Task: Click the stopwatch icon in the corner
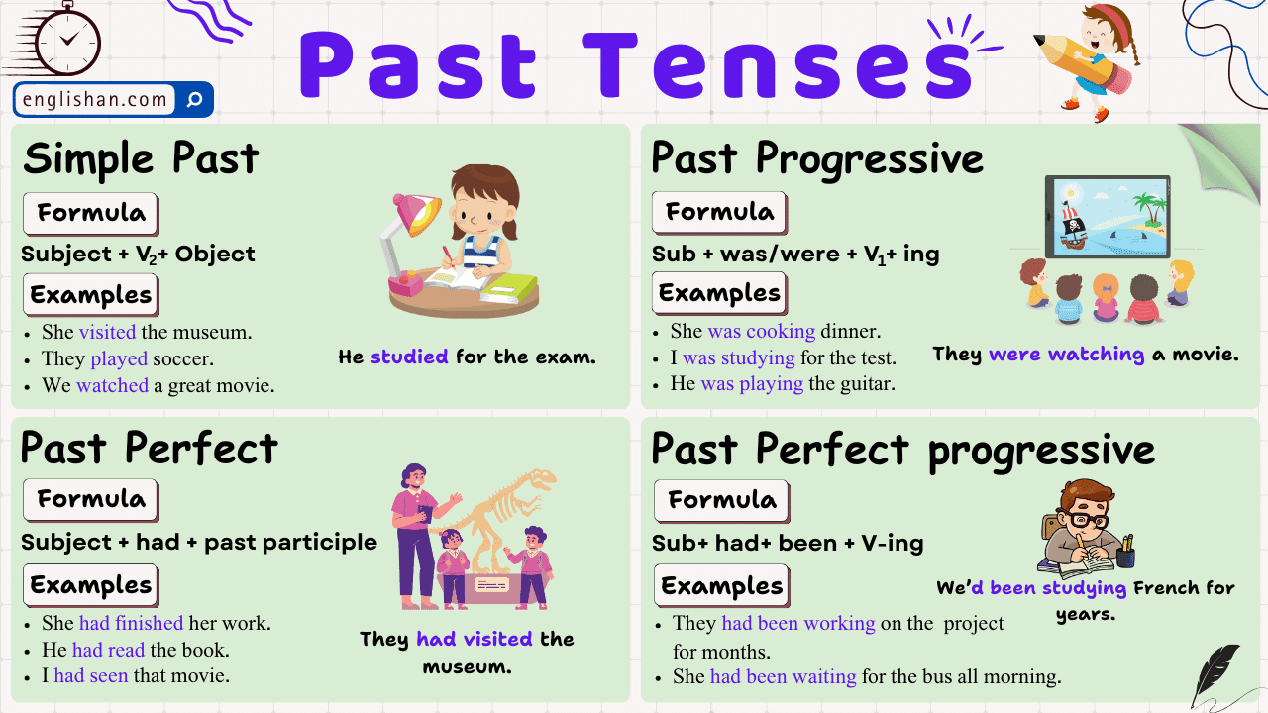coord(65,40)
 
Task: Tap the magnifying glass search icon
coord(194,99)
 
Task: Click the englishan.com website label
coord(95,99)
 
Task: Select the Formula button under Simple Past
coord(90,213)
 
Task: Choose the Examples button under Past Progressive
coord(719,293)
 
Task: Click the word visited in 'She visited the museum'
coord(107,332)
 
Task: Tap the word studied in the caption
coord(409,356)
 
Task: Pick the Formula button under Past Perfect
coord(90,499)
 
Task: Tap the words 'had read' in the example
coord(108,650)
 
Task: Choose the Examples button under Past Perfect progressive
coord(721,586)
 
